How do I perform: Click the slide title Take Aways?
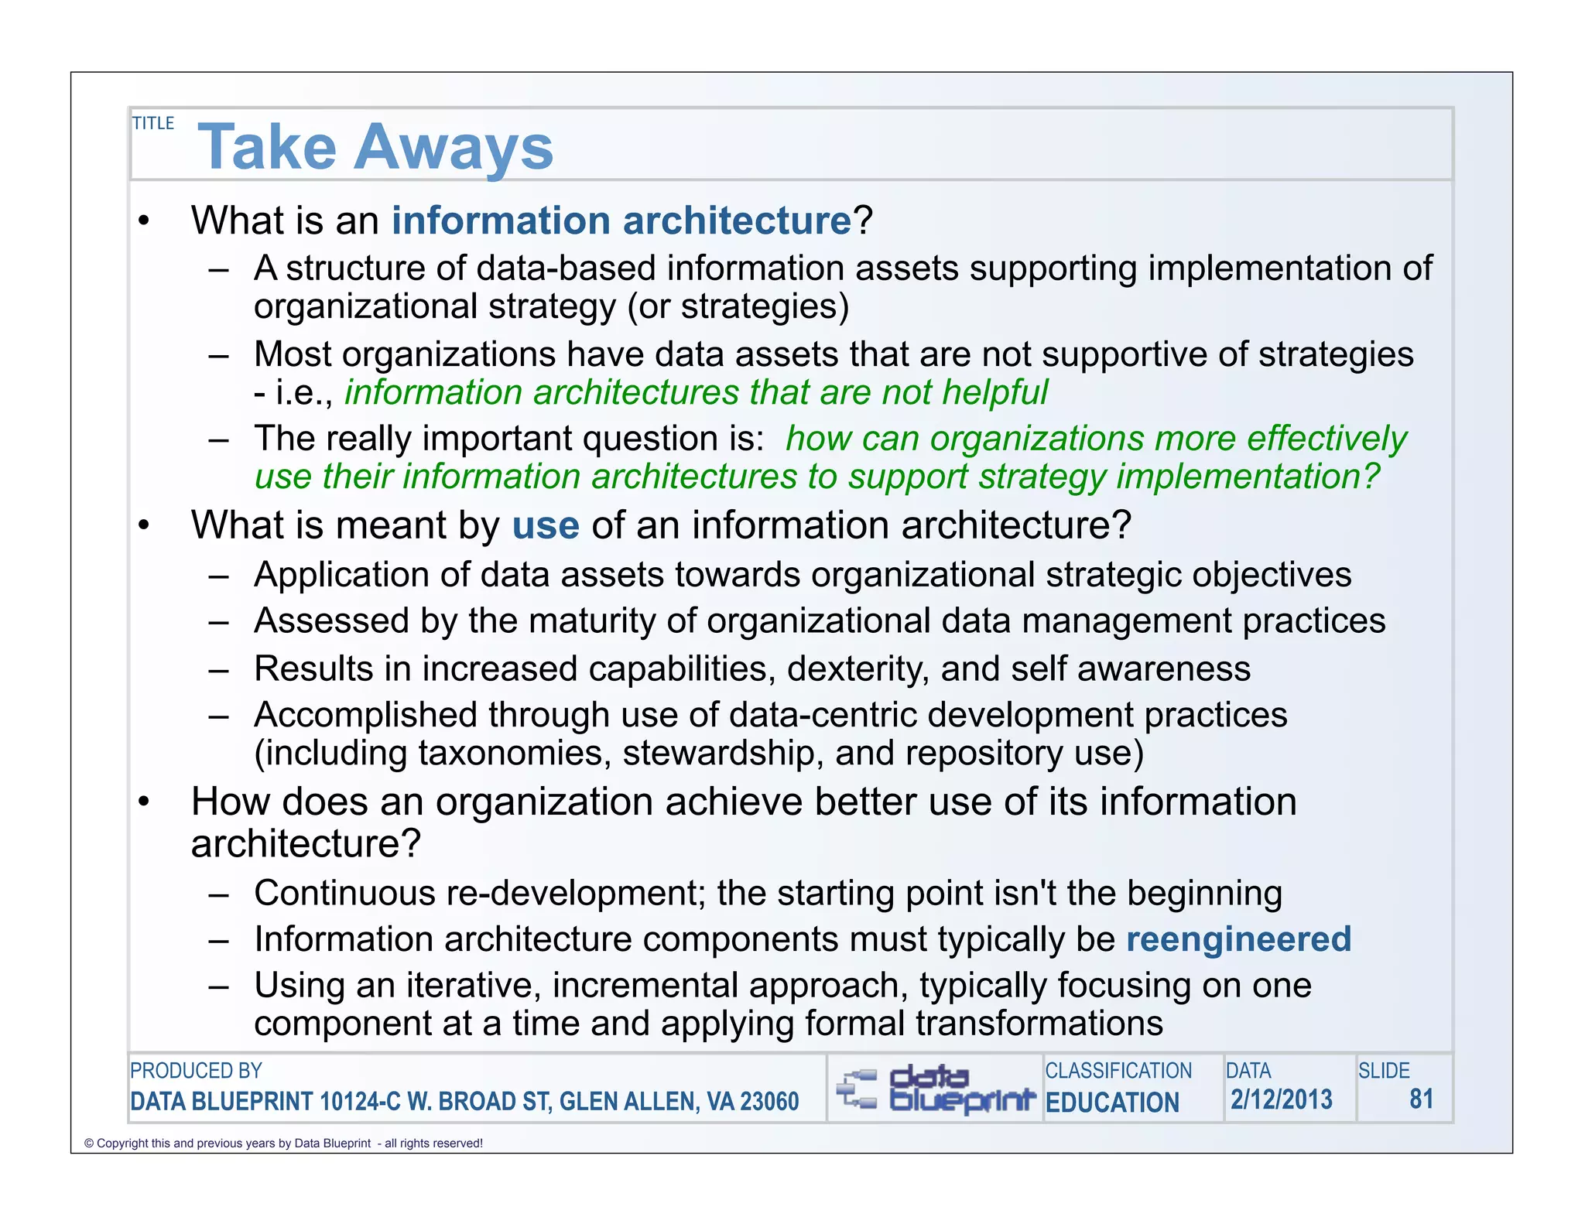375,147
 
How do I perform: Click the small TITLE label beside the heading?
153,123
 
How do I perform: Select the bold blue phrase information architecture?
621,221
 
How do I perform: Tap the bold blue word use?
546,525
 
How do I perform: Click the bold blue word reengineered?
1238,939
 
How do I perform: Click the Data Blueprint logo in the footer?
935,1088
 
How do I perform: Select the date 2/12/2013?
1282,1099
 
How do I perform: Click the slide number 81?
1421,1099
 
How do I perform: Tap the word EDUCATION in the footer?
1112,1103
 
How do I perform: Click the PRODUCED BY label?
196,1071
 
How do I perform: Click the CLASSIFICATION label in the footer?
1118,1071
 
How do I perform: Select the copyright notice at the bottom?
283,1144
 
